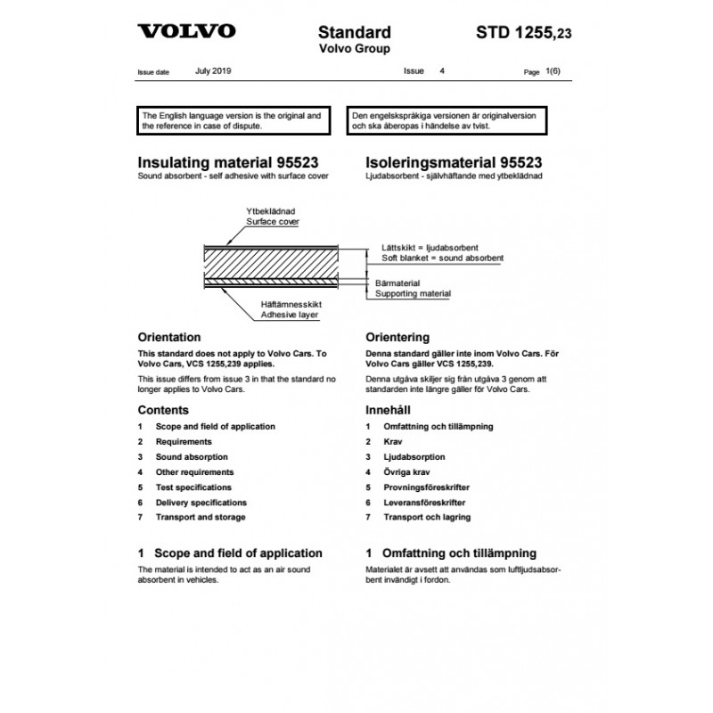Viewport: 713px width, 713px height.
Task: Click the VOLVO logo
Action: tap(186, 32)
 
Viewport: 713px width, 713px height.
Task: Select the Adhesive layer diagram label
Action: tap(290, 315)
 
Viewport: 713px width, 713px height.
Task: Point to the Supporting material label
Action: tap(413, 293)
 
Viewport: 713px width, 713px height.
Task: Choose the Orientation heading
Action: tap(170, 339)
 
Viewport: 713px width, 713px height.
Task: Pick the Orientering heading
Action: tap(397, 339)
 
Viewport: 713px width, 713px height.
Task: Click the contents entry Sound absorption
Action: tap(194, 457)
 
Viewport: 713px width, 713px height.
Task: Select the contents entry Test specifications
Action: tap(193, 488)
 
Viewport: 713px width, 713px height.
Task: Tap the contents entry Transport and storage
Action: tap(201, 517)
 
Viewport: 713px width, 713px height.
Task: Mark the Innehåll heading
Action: tap(390, 411)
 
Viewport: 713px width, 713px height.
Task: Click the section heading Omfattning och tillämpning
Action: tap(458, 553)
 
